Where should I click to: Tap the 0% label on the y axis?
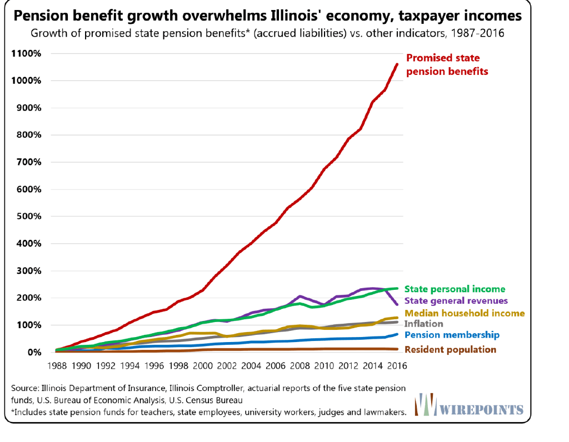click(33, 352)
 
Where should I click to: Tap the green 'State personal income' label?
click(455, 289)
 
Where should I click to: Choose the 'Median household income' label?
click(465, 313)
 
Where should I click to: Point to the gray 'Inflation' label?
click(423, 324)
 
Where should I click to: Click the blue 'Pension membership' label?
click(452, 335)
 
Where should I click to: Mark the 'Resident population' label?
click(450, 349)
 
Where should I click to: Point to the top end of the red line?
click(397, 64)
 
